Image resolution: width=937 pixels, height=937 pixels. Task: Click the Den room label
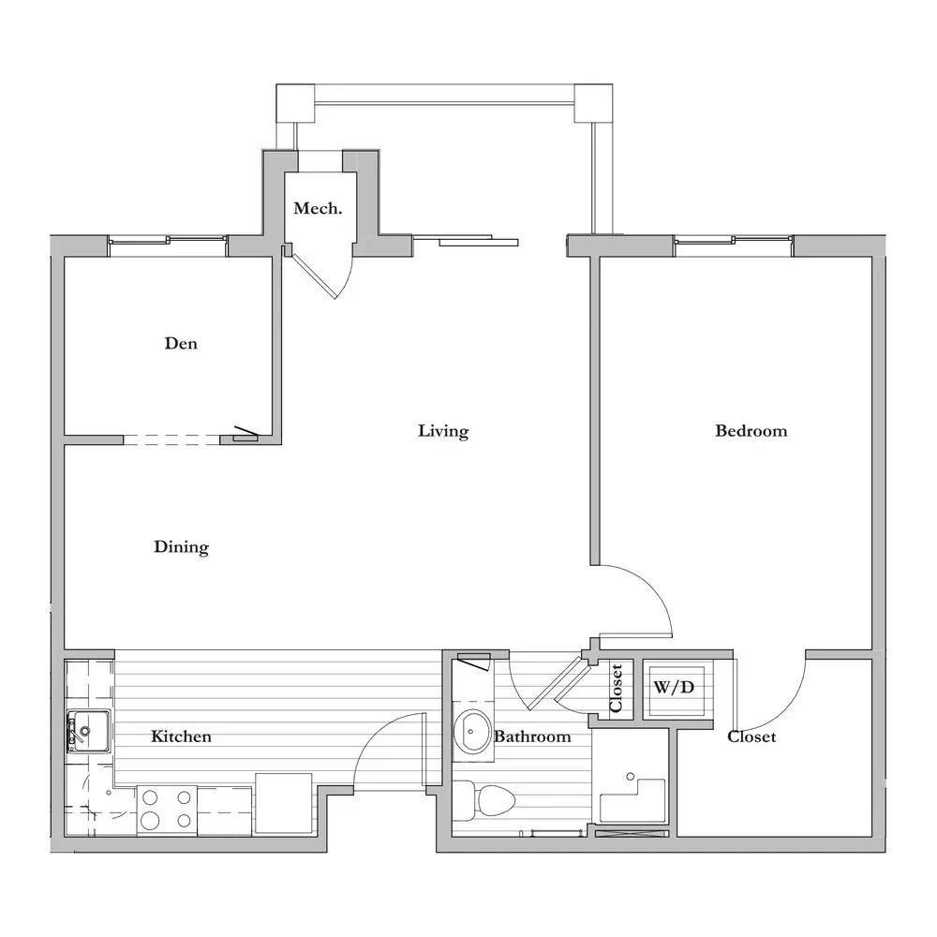click(181, 344)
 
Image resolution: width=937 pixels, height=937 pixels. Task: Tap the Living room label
click(443, 431)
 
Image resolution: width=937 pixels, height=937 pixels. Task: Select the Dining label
click(181, 547)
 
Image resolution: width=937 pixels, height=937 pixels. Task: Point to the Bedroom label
click(751, 431)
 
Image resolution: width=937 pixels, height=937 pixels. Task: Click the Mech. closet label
click(318, 208)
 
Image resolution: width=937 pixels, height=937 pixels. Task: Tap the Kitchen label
click(181, 736)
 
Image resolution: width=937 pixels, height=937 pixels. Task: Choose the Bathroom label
click(532, 736)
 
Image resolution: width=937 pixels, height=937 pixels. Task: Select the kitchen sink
click(88, 731)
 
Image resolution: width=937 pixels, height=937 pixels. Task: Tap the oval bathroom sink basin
click(472, 733)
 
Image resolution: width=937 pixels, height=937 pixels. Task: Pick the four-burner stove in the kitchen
click(167, 811)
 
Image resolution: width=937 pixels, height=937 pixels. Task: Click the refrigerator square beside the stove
click(283, 804)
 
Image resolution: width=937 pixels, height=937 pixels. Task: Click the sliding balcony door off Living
click(466, 241)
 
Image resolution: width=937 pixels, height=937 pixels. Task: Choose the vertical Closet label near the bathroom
click(617, 689)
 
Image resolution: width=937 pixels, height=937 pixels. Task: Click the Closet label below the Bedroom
click(751, 736)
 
